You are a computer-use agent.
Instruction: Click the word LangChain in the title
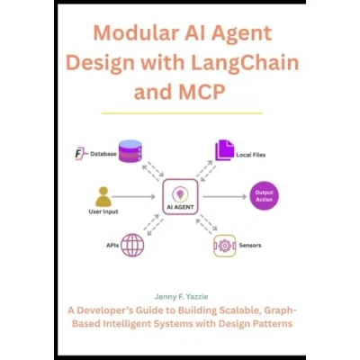(245, 63)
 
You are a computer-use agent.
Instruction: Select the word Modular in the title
(137, 33)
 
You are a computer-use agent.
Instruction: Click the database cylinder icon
(130, 151)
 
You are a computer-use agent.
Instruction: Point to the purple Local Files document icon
(224, 150)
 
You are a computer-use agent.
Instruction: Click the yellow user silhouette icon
(103, 197)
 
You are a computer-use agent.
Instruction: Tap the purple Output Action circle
(264, 196)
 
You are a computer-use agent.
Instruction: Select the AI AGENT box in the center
(180, 196)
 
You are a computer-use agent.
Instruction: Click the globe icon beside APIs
(132, 246)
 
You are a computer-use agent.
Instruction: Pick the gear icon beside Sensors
(225, 246)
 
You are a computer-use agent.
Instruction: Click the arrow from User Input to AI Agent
(133, 197)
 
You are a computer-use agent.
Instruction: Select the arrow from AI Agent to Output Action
(225, 197)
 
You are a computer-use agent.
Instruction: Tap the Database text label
(103, 154)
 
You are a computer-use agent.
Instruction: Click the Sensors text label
(250, 246)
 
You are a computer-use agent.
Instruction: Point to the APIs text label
(112, 246)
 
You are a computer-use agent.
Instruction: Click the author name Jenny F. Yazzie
(181, 297)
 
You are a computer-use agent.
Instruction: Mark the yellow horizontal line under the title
(182, 113)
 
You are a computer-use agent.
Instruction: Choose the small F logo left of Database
(79, 154)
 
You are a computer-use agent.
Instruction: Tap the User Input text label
(103, 211)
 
